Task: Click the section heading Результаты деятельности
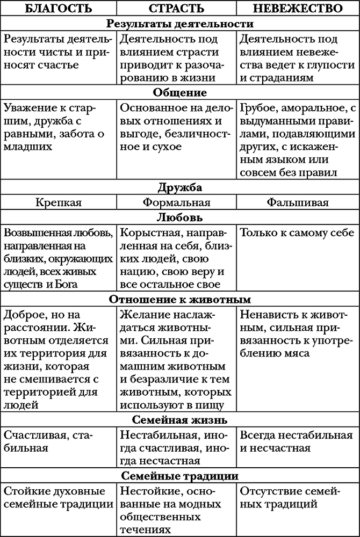point(180,24)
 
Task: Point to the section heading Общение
point(180,91)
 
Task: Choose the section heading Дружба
point(180,188)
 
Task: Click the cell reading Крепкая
point(59,203)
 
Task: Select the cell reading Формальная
point(177,203)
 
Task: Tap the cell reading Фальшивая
point(298,203)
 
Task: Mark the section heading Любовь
point(180,218)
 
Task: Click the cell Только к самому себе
point(297,233)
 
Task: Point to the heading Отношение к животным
point(180,299)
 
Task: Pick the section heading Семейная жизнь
point(180,419)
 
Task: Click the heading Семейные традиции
point(180,476)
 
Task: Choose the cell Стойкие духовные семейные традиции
point(59,498)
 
